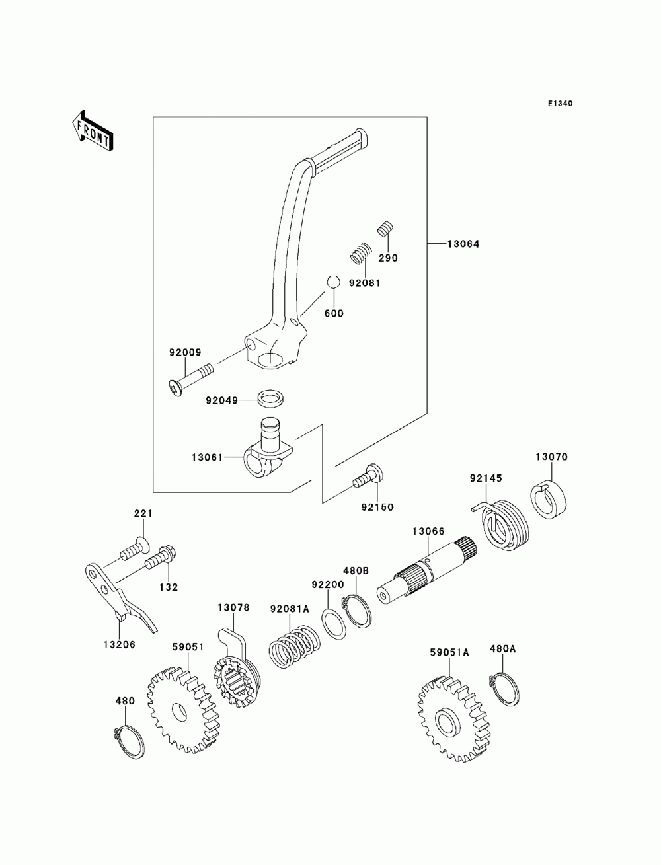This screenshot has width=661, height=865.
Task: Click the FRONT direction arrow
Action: pyautogui.click(x=93, y=130)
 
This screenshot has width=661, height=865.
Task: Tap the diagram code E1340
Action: pyautogui.click(x=560, y=104)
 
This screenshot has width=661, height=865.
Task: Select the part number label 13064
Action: pyautogui.click(x=463, y=244)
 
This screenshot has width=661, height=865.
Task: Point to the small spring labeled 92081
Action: pyautogui.click(x=361, y=252)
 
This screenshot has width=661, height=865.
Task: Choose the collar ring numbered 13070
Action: pyautogui.click(x=548, y=500)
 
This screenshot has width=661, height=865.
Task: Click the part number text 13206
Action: pyautogui.click(x=120, y=644)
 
